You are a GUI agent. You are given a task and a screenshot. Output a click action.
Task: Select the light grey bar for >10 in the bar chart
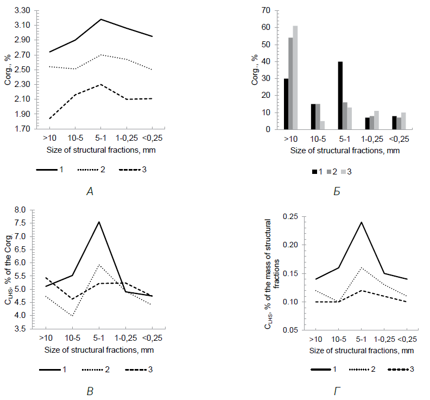295,78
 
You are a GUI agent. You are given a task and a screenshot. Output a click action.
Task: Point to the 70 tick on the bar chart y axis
266,10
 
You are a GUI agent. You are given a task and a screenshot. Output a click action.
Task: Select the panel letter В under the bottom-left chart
91,391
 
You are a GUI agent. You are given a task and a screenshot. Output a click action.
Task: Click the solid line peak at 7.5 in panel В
99,222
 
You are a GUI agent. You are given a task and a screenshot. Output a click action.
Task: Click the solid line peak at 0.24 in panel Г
361,222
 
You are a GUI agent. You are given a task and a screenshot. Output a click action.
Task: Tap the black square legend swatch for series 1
314,172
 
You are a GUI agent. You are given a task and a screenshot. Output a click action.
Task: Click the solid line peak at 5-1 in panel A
101,20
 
